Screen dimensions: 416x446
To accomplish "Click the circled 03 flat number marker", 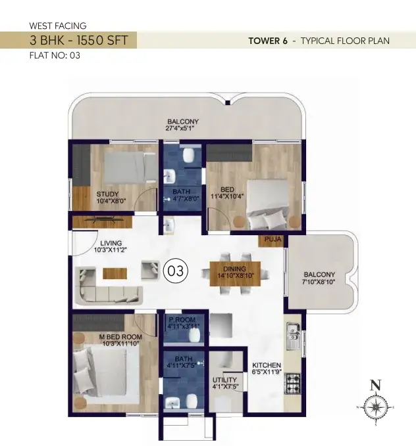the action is pos(175,271).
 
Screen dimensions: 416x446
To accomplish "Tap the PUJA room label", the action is pos(273,239).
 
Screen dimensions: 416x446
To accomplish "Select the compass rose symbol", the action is pos(376,407).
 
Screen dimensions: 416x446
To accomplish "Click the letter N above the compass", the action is pos(375,385).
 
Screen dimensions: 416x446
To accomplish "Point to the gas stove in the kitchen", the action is pos(293,384).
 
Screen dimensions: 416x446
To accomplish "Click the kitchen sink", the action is pos(293,336).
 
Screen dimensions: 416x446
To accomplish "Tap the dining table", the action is pos(235,274).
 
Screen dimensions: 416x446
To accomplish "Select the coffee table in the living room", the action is pos(115,273).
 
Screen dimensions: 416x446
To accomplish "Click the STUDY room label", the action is pos(107,194).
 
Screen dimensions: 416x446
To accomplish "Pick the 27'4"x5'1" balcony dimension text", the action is pos(180,128).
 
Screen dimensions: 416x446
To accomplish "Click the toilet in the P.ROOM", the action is pos(194,336).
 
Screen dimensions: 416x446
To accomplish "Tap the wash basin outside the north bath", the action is pos(170,225).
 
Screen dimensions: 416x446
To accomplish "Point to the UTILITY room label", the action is pos(224,380).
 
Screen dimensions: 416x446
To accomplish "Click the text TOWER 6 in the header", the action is pos(268,41).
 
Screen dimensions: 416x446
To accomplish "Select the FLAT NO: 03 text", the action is pos(55,55).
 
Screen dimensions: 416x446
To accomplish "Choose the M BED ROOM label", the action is pos(120,337).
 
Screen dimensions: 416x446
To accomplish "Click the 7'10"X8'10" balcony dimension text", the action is pos(319,282).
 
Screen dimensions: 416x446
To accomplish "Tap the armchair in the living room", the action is pos(150,270).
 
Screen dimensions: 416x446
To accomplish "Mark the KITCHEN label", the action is pos(267,365).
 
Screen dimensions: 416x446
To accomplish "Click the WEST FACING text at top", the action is pos(58,26).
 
